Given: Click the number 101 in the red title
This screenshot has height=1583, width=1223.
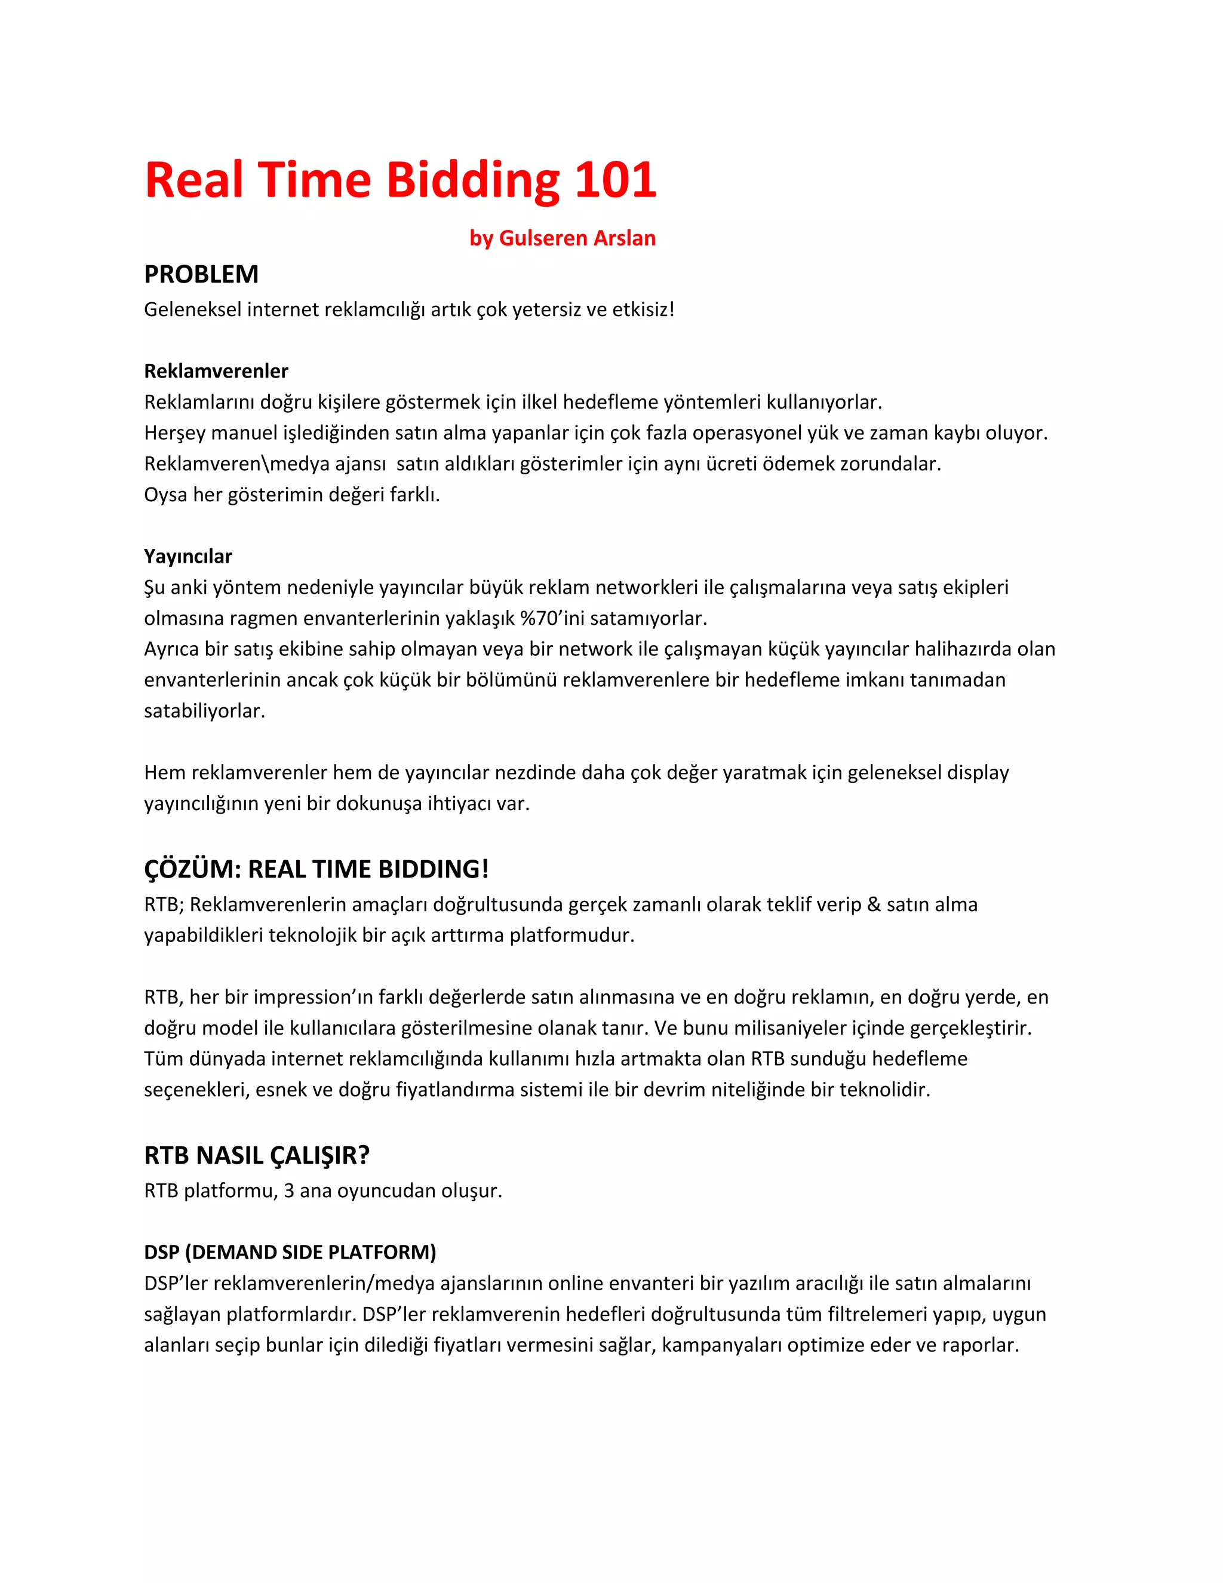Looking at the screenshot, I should click(x=615, y=180).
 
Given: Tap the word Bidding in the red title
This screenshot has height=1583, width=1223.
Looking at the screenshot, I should click(x=473, y=180).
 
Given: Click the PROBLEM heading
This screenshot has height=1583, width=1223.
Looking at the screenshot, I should click(x=201, y=275).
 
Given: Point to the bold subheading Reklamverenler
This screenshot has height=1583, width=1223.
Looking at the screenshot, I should click(x=216, y=371).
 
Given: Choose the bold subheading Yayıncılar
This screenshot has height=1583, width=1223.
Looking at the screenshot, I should click(x=188, y=556).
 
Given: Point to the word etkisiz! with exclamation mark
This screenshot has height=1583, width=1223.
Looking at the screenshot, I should click(x=643, y=309).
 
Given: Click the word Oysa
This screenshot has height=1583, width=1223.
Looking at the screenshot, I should click(x=165, y=495).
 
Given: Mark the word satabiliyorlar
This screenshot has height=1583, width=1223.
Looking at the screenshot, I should click(x=204, y=711).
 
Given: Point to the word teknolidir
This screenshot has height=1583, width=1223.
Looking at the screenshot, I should click(x=884, y=1090).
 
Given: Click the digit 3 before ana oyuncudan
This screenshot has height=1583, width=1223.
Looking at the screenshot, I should click(x=289, y=1191).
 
